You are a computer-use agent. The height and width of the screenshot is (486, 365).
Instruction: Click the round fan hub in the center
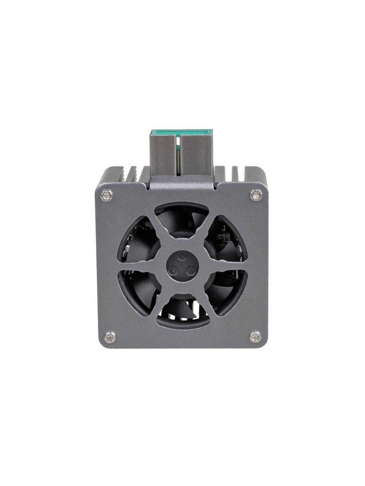(182, 265)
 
